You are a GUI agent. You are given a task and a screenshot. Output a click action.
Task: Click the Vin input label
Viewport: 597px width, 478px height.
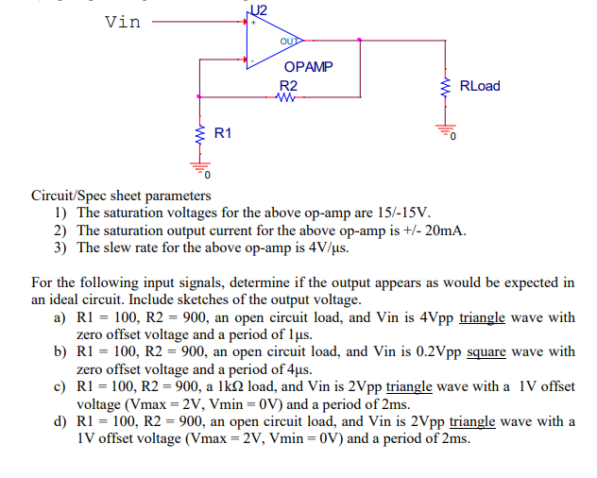click(123, 21)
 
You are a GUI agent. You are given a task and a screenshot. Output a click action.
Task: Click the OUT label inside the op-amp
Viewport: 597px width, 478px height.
click(288, 41)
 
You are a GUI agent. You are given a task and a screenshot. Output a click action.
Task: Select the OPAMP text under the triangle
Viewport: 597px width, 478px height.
click(308, 68)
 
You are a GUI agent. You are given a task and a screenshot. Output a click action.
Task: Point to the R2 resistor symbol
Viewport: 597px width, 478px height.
click(289, 96)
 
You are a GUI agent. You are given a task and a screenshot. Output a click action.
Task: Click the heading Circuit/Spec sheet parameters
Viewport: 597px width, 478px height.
click(121, 196)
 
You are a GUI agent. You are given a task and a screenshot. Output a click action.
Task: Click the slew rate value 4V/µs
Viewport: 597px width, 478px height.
click(321, 248)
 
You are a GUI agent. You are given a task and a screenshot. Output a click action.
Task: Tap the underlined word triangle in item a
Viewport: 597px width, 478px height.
click(483, 317)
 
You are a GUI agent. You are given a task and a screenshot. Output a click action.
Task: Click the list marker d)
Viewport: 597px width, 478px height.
click(61, 421)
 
